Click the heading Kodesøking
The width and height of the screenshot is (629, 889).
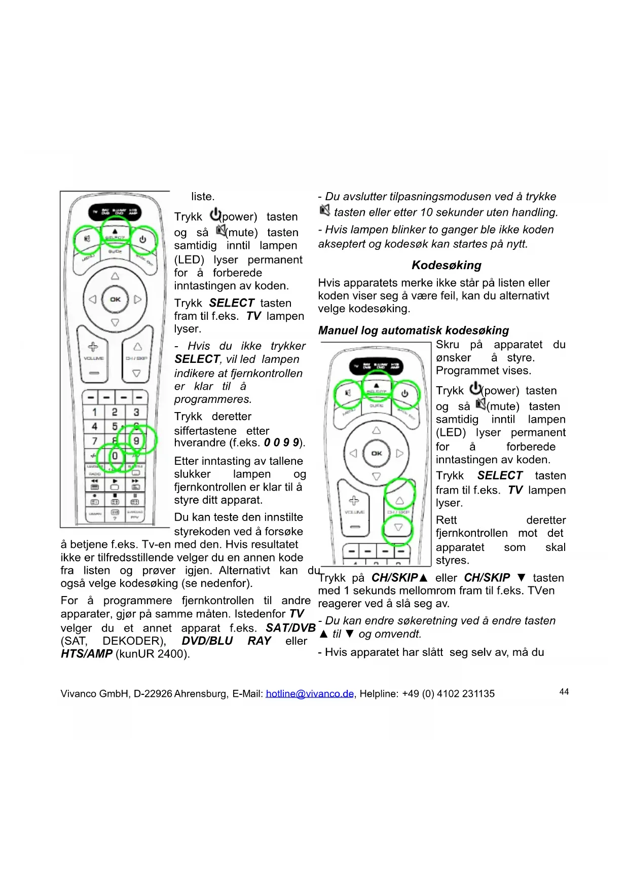[x=446, y=265]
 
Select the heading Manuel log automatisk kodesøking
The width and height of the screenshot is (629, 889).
[x=413, y=330]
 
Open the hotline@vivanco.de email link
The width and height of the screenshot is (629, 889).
[x=310, y=693]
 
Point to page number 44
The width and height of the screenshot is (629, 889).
[x=564, y=692]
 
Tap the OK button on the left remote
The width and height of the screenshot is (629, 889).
[x=115, y=300]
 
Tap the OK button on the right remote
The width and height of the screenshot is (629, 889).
[x=377, y=453]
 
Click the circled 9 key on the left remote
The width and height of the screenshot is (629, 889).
[x=136, y=440]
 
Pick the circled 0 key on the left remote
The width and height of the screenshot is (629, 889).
[x=115, y=456]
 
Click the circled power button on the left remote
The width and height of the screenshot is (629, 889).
[x=143, y=239]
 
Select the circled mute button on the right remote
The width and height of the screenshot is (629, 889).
[x=348, y=393]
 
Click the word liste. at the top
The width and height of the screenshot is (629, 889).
[x=203, y=197]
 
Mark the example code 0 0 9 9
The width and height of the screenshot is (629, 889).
[x=282, y=442]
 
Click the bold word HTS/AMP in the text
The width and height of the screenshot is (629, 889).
[x=87, y=654]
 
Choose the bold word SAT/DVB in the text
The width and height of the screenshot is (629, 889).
[x=290, y=628]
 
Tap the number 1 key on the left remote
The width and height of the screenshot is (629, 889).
[x=94, y=412]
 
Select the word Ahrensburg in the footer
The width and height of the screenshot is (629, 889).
[x=201, y=693]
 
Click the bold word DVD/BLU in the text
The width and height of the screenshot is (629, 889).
[x=207, y=641]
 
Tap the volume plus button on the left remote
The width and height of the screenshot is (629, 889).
[x=93, y=347]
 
